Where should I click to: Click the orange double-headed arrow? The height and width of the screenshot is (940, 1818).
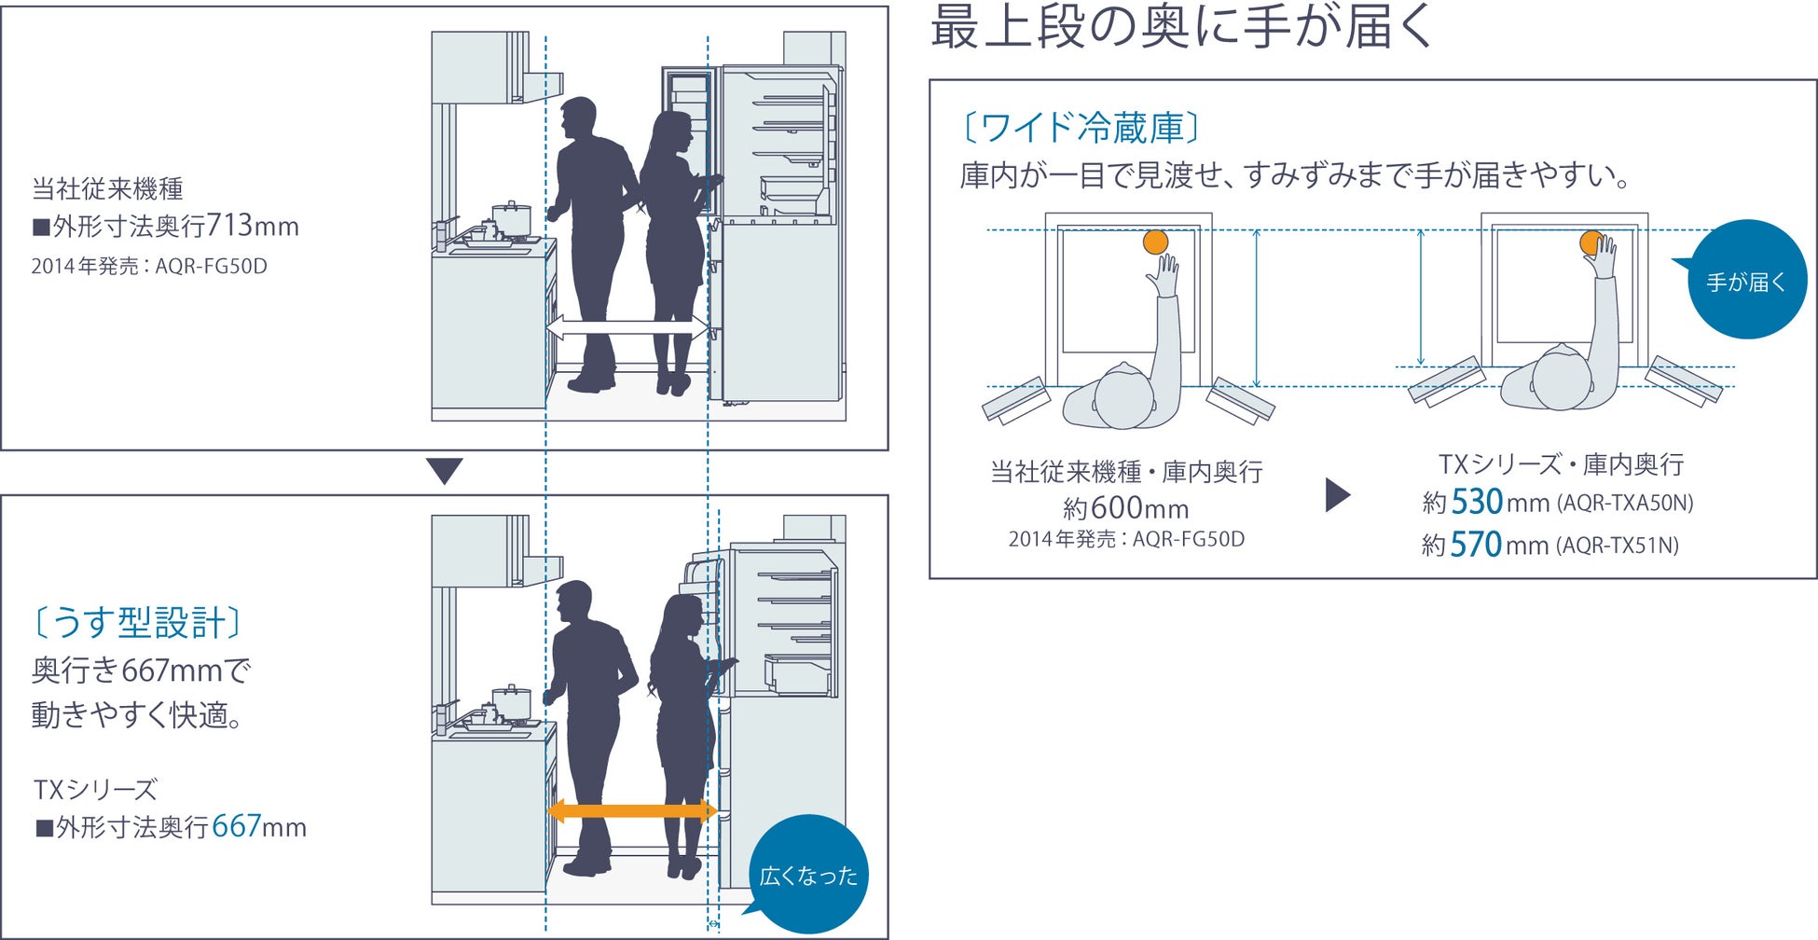(631, 810)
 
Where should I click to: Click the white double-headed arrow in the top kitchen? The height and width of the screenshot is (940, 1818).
(627, 327)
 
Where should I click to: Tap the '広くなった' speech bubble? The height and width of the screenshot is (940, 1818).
(808, 874)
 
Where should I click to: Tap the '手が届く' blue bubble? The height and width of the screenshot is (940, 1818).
(1746, 280)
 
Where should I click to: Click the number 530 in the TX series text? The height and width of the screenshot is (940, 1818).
(1477, 502)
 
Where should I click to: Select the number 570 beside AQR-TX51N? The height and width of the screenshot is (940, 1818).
(1476, 545)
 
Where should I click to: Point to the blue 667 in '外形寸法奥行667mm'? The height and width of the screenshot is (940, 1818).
(236, 826)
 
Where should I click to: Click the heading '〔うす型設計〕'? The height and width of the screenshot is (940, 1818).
(137, 622)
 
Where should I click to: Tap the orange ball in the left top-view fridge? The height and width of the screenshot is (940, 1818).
(1155, 242)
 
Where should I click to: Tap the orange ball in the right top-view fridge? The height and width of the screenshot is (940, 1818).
(1591, 242)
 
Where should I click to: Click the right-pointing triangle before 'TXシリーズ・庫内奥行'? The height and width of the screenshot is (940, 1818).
(1337, 495)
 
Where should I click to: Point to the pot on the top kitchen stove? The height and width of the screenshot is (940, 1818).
(510, 220)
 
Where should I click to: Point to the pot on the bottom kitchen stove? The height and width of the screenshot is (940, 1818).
(510, 702)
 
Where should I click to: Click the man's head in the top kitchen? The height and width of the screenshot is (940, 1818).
(579, 118)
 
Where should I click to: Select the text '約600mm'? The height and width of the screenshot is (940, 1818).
(1125, 508)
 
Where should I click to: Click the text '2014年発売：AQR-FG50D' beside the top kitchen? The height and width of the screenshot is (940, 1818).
(149, 267)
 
